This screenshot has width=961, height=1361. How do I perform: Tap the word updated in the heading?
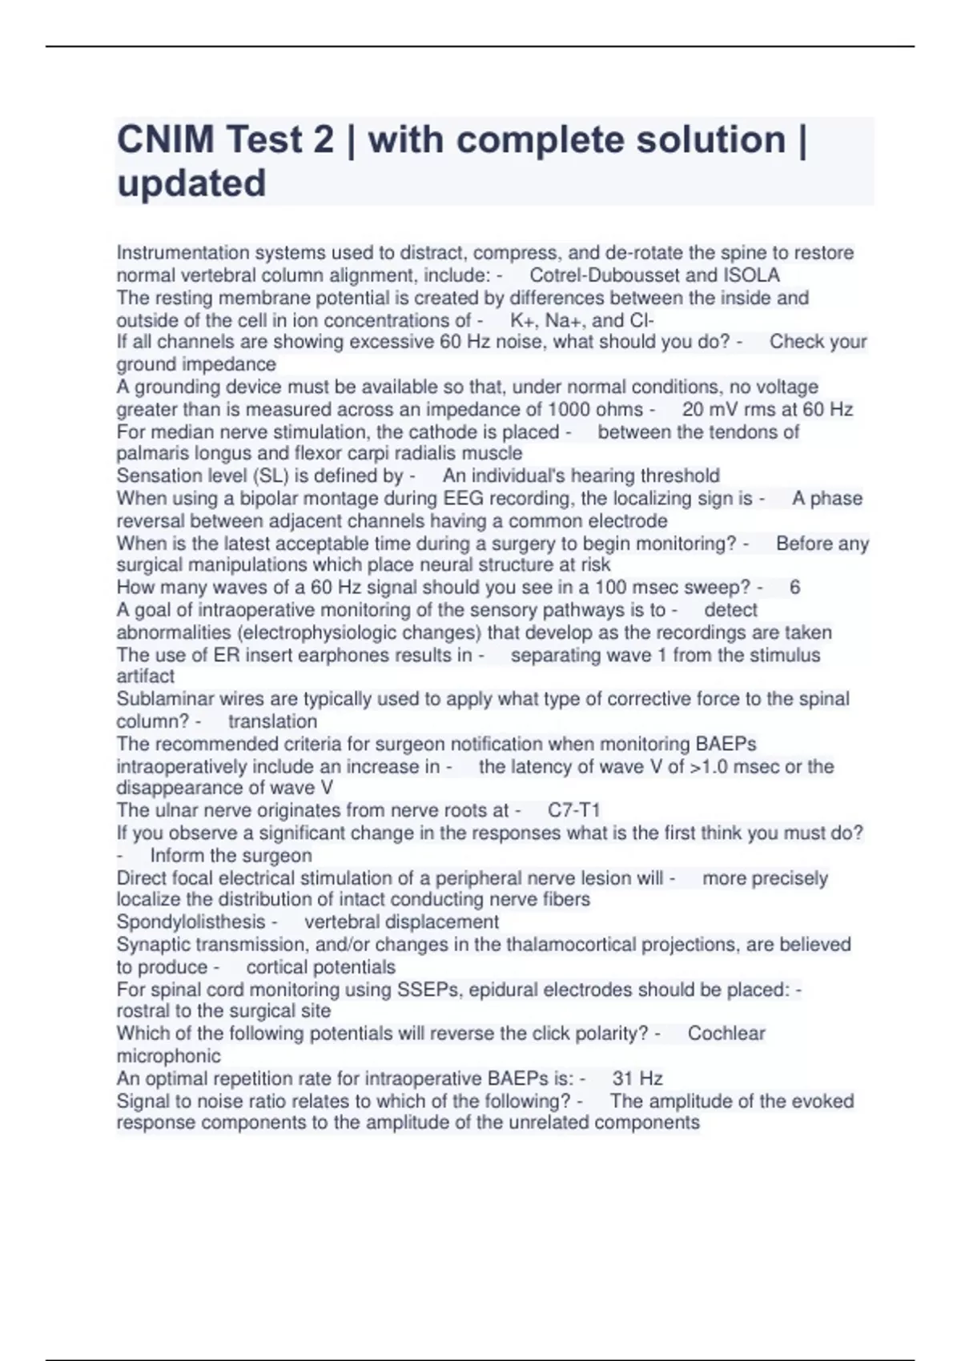[x=191, y=183]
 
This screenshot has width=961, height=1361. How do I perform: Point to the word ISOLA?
[x=753, y=275]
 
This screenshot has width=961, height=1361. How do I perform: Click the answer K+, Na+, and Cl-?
[x=582, y=320]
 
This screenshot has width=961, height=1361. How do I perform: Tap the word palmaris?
[x=151, y=453]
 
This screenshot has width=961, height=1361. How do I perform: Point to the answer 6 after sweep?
[x=794, y=588]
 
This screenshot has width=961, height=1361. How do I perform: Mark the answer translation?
[x=272, y=721]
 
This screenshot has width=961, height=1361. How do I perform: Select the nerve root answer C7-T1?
[x=573, y=810]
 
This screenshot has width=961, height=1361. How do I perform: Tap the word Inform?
[x=176, y=855]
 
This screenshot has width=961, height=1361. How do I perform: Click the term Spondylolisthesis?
[x=191, y=922]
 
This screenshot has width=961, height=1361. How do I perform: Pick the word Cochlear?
[x=726, y=1034]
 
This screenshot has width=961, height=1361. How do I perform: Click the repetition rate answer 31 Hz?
[x=637, y=1078]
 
